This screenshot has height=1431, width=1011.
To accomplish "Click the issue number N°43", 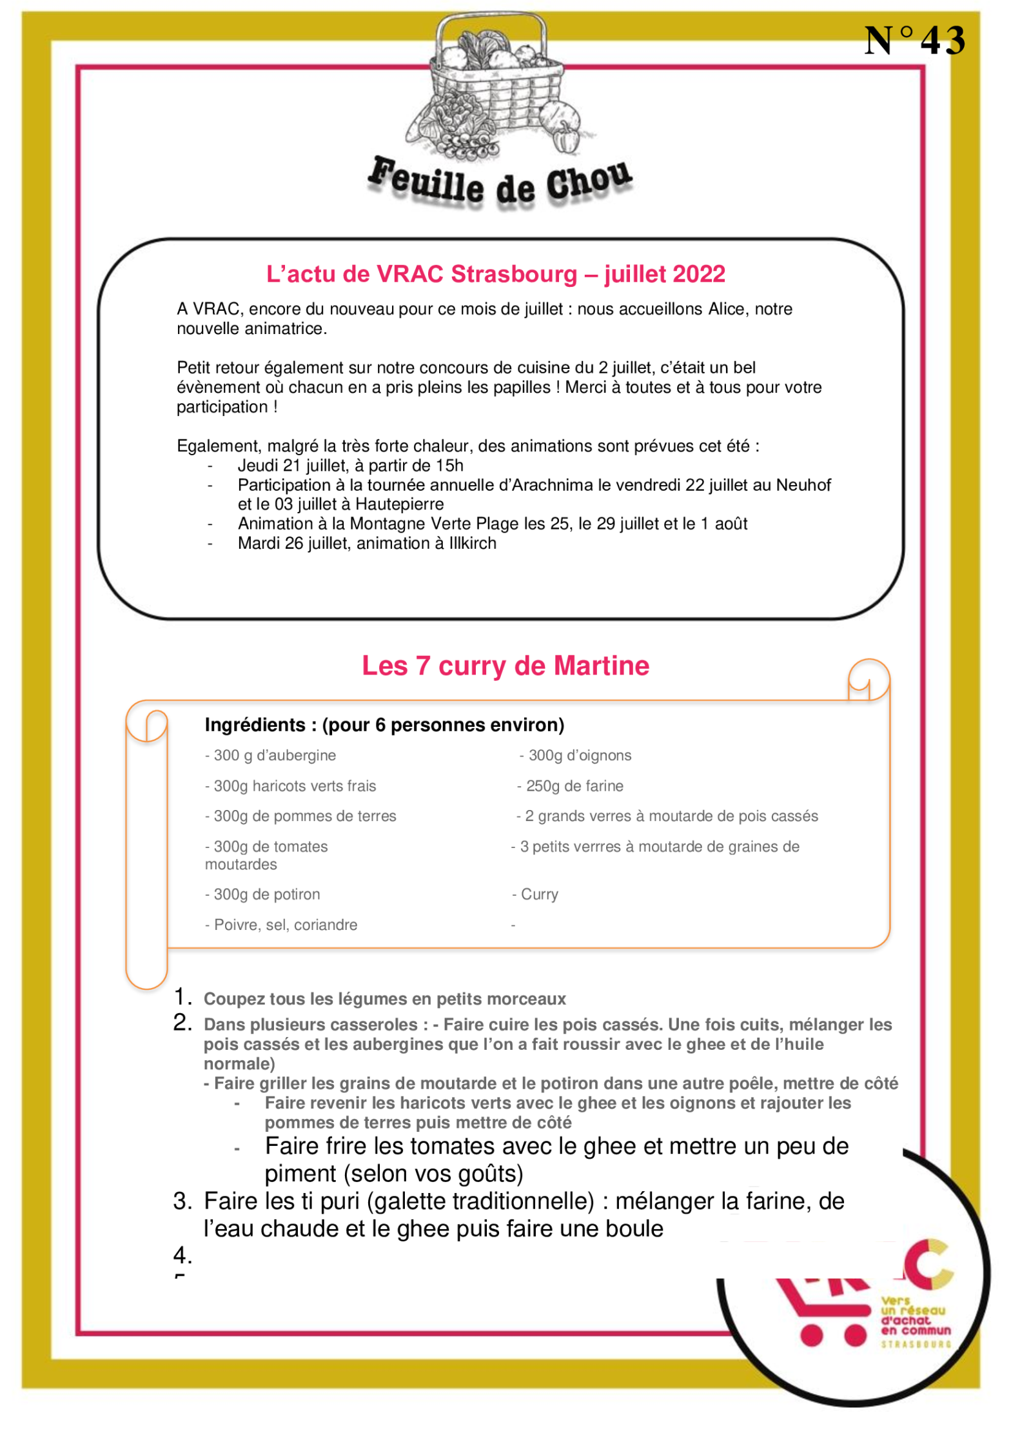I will [914, 41].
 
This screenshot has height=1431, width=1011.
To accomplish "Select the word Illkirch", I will [473, 544].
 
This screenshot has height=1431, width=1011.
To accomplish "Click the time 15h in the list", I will [449, 466].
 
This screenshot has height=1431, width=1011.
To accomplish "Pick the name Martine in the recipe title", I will [601, 666].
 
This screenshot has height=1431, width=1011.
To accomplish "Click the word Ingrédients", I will [255, 725].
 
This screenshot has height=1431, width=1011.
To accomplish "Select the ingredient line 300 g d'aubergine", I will [271, 755].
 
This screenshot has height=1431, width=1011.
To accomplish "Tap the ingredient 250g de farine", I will [571, 786].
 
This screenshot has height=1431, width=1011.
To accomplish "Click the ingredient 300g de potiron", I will [262, 894].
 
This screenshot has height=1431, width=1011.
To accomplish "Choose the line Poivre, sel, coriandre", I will [281, 925].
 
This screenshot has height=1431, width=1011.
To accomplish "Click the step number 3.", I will [182, 1201].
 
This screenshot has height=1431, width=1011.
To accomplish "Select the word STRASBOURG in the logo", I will [916, 1345].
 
